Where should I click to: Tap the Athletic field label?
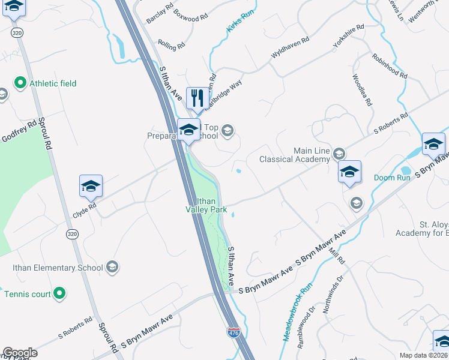(53, 83)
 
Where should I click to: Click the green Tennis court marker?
(59, 293)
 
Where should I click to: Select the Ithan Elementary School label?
(57, 268)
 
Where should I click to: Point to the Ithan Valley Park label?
(205, 206)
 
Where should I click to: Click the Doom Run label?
(392, 178)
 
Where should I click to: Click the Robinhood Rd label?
(390, 66)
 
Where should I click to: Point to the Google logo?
(20, 353)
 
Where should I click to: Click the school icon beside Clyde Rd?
(91, 186)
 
